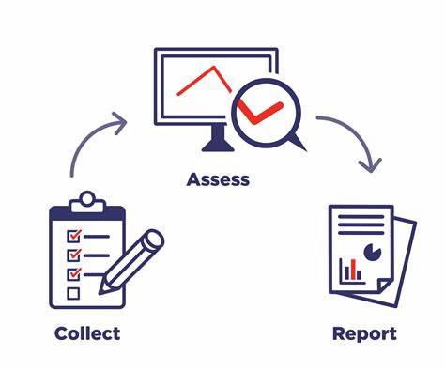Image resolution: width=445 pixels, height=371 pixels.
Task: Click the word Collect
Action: pyautogui.click(x=87, y=333)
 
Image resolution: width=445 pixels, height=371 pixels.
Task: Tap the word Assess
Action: pyautogui.click(x=218, y=179)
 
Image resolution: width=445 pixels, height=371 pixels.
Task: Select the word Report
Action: pyautogui.click(x=364, y=334)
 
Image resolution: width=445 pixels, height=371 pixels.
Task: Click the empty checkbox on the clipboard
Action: pyautogui.click(x=73, y=293)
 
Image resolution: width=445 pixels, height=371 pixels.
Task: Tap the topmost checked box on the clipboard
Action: pyautogui.click(x=74, y=236)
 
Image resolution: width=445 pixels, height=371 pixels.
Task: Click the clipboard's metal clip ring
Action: pyautogui.click(x=87, y=198)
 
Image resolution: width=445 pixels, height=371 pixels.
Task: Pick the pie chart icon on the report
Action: pyautogui.click(x=373, y=252)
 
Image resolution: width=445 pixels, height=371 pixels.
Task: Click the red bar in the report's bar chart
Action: pyautogui.click(x=353, y=270)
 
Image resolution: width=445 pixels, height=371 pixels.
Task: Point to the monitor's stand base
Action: pyautogui.click(x=218, y=147)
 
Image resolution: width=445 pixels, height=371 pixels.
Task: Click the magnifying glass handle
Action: pyautogui.click(x=298, y=143)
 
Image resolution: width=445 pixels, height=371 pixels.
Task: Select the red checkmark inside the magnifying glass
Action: pyautogui.click(x=261, y=112)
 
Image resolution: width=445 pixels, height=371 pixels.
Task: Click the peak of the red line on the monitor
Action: pyautogui.click(x=214, y=67)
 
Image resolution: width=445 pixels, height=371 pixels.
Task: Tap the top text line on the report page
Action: pyautogui.click(x=361, y=217)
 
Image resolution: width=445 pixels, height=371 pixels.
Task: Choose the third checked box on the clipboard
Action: pyautogui.click(x=74, y=274)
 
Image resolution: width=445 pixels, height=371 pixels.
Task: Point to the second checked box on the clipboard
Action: pyautogui.click(x=74, y=255)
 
